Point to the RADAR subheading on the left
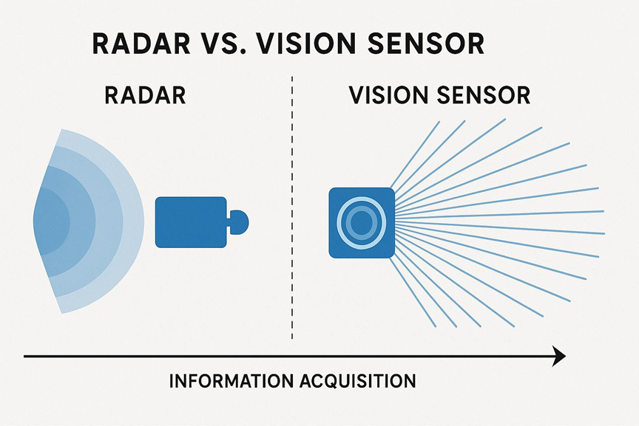tap(145, 95)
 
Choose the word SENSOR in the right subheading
tap(484, 95)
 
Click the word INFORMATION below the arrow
tap(231, 381)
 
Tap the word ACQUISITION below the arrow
tap(358, 381)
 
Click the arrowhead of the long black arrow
tap(559, 357)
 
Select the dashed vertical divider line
tap(292, 207)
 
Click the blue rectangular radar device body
tap(191, 222)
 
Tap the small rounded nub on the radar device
tap(240, 222)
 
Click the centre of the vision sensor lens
tap(361, 222)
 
